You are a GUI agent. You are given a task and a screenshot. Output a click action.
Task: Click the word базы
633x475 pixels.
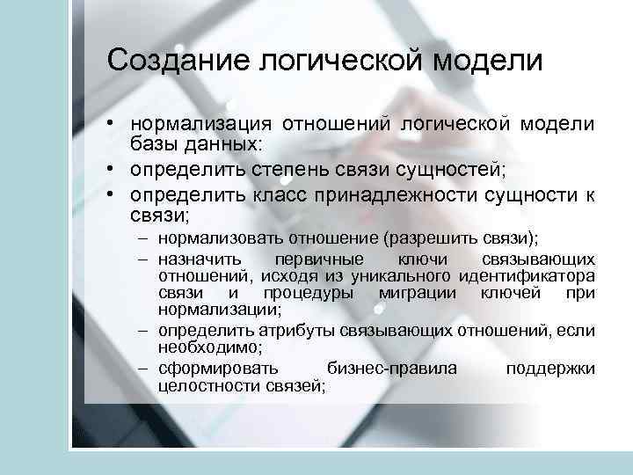click(x=151, y=142)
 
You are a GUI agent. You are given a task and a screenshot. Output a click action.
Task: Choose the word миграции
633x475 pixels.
click(x=418, y=293)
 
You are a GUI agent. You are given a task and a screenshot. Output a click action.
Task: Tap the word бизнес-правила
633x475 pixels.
click(x=391, y=369)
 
